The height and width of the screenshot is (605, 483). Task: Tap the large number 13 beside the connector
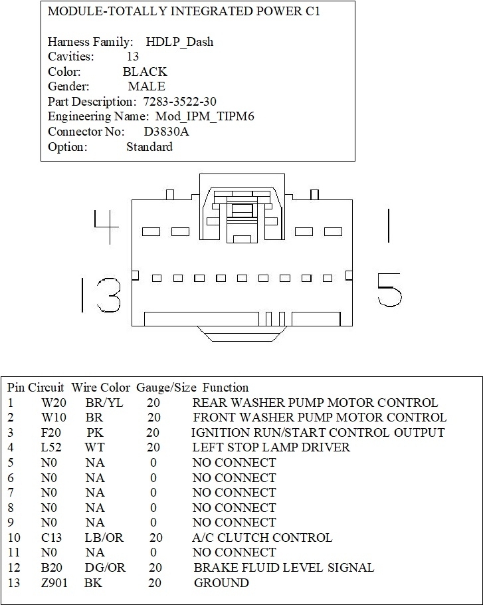101,295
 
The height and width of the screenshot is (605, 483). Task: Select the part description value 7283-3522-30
180,102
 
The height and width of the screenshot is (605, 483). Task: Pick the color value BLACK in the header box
145,72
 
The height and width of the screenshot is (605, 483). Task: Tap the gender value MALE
147,86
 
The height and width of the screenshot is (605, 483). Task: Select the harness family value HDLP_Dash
180,42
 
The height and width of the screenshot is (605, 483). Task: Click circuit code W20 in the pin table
51,403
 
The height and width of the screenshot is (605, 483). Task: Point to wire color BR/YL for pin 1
104,403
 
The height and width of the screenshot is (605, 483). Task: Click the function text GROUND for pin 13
221,583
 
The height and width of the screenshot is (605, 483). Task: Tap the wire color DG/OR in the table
105,568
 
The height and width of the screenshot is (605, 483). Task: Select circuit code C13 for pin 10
51,538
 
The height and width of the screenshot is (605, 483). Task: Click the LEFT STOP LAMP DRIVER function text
271,447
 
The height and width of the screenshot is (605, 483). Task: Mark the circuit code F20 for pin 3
50,433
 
